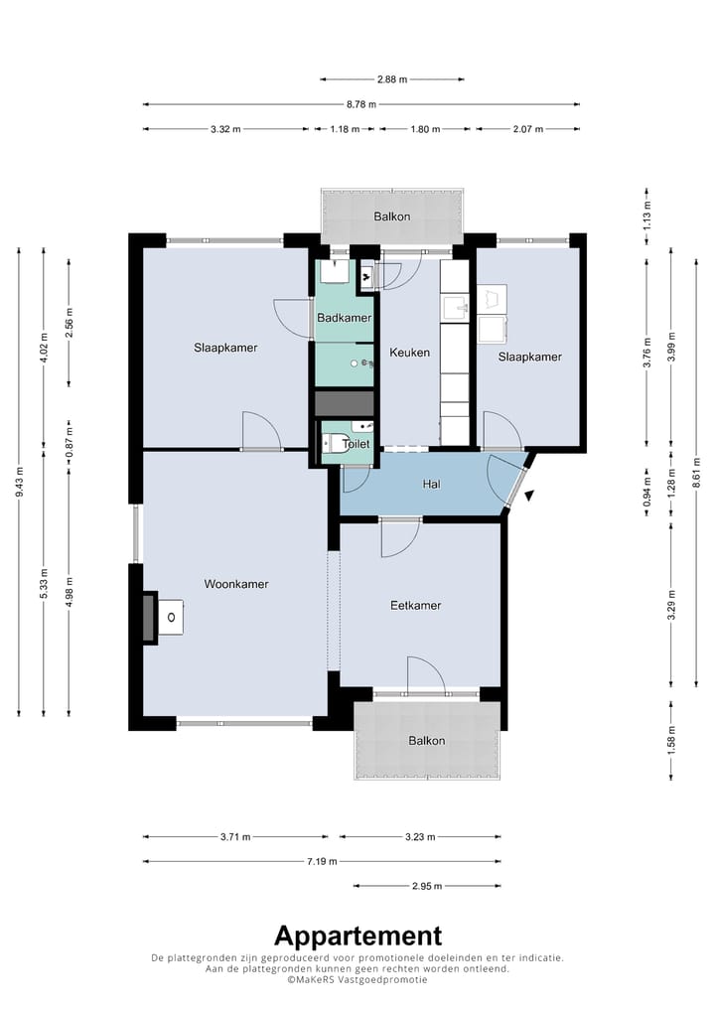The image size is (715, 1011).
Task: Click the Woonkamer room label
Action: point(236,584)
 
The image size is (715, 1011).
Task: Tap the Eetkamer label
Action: point(416,606)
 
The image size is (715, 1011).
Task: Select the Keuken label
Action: point(409,353)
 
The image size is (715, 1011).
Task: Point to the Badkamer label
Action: point(345,318)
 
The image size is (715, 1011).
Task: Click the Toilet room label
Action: point(357,444)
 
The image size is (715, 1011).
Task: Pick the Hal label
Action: point(431,485)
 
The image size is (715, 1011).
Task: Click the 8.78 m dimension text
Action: point(361,104)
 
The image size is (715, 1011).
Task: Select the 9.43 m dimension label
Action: point(19,482)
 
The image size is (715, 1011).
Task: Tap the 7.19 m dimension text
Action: point(322,861)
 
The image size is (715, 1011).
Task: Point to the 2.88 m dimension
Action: point(392,79)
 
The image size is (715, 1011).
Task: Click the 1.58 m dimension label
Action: point(672,740)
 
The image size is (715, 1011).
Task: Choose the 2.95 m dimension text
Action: point(427,886)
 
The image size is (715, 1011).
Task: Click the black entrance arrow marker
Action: point(530,496)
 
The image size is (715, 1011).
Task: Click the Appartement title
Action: point(357,937)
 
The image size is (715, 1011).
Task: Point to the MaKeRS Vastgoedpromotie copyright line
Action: point(357,980)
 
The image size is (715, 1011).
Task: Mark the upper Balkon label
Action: point(392,217)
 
